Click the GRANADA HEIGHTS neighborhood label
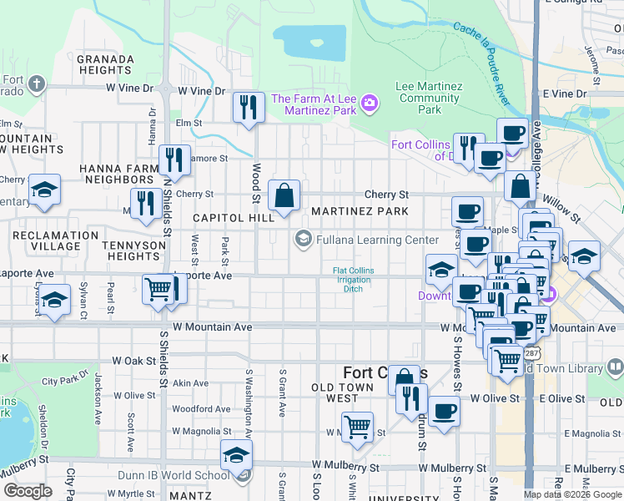105,65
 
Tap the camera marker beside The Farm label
370,104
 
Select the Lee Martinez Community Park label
429,98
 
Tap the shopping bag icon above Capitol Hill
284,196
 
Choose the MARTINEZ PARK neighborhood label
360,211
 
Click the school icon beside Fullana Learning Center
301,240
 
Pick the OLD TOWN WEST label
346,392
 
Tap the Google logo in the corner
28,491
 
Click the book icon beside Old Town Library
615,366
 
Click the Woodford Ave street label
201,409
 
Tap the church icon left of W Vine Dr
35,83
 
